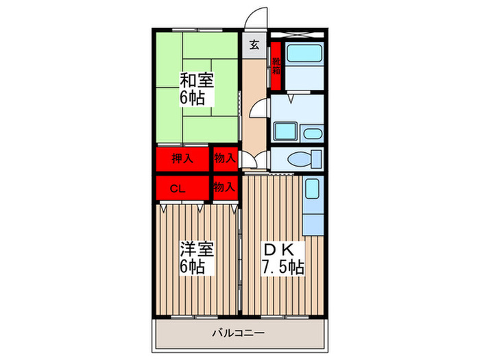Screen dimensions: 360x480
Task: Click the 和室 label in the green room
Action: pyautogui.click(x=196, y=80)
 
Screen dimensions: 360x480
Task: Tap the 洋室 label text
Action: pyautogui.click(x=196, y=248)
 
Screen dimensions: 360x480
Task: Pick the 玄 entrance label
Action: pyautogui.click(x=254, y=46)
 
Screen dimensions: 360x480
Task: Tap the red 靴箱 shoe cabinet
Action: pyautogui.click(x=276, y=67)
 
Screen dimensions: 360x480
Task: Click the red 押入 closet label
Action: pyautogui.click(x=182, y=159)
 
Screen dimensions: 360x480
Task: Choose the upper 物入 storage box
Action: pyautogui.click(x=224, y=159)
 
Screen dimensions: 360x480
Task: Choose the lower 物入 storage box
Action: pyautogui.click(x=224, y=186)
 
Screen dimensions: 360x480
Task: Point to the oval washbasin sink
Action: pyautogui.click(x=311, y=134)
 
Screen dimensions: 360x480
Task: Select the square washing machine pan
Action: pyautogui.click(x=283, y=131)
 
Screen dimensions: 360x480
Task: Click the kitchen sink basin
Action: pyautogui.click(x=312, y=187)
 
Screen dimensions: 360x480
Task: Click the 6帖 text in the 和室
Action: pyautogui.click(x=194, y=97)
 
